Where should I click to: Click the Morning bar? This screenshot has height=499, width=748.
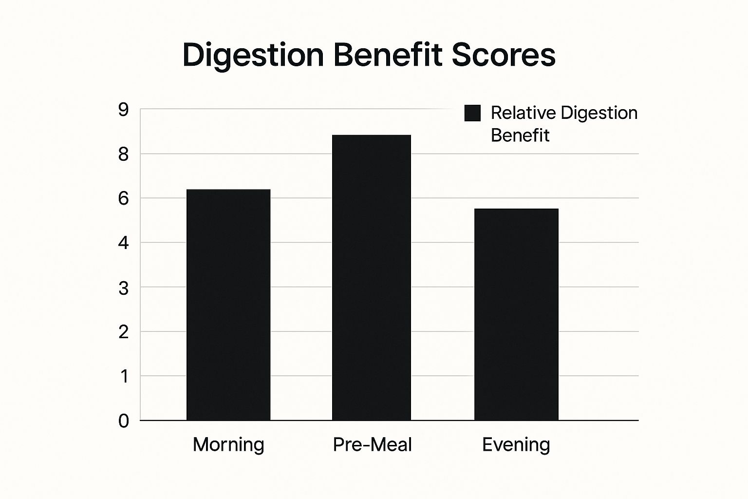pyautogui.click(x=228, y=305)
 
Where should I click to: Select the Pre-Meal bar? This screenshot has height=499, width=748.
pyautogui.click(x=372, y=277)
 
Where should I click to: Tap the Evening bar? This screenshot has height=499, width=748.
pyautogui.click(x=516, y=314)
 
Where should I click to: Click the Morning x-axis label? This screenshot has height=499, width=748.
pyautogui.click(x=228, y=444)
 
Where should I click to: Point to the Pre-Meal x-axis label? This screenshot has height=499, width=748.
pyautogui.click(x=372, y=444)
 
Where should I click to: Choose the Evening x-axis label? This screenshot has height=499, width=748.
pyautogui.click(x=516, y=444)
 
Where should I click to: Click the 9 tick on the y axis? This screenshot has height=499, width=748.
pyautogui.click(x=124, y=110)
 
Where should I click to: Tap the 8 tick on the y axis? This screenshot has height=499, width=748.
pyautogui.click(x=124, y=154)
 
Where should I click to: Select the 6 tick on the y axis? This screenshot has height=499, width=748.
pyautogui.click(x=124, y=199)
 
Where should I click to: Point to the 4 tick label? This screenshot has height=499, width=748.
pyautogui.click(x=124, y=243)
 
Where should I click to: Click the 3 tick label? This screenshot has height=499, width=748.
pyautogui.click(x=124, y=288)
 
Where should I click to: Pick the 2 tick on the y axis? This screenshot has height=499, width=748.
pyautogui.click(x=124, y=332)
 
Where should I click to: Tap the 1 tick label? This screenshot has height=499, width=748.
pyautogui.click(x=124, y=376)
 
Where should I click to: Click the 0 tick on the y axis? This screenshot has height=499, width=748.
pyautogui.click(x=124, y=421)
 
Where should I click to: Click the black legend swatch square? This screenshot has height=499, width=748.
pyautogui.click(x=472, y=113)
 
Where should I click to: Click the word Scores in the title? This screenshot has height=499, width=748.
pyautogui.click(x=504, y=55)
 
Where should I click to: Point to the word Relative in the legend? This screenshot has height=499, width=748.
pyautogui.click(x=523, y=113)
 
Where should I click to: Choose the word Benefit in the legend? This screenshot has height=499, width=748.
pyautogui.click(x=520, y=135)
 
